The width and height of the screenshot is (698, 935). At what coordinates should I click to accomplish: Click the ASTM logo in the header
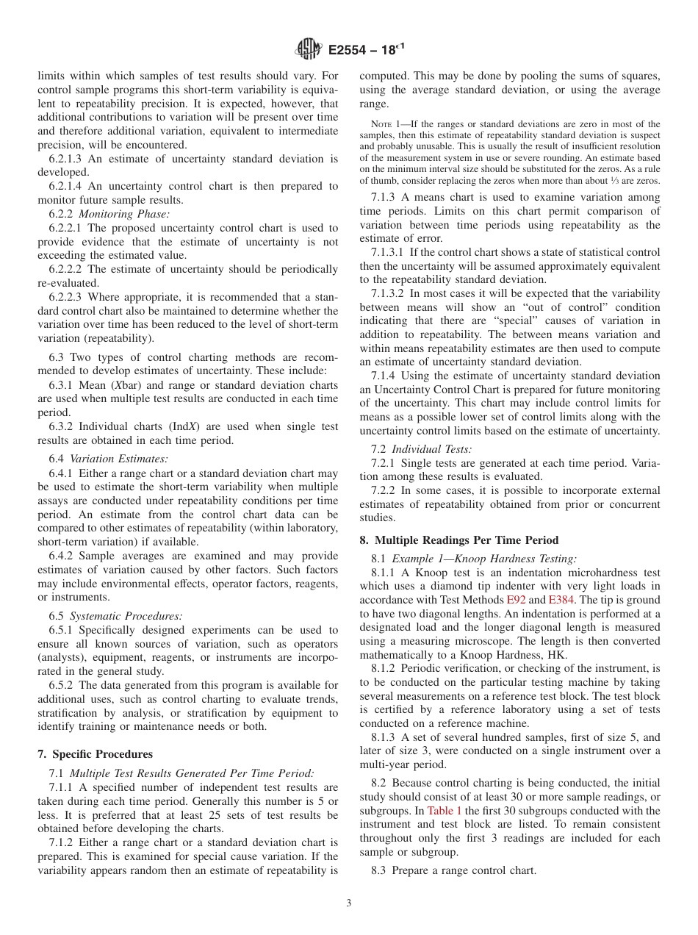[x=308, y=50]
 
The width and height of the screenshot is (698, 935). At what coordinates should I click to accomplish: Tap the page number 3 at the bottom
[x=348, y=903]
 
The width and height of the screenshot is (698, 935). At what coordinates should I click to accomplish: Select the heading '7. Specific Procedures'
[x=95, y=754]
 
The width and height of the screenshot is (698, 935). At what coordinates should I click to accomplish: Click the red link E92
[x=517, y=600]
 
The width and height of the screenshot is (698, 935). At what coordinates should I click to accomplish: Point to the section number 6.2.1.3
[x=68, y=159]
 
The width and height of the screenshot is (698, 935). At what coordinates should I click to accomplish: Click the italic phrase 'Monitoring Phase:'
[x=127, y=214]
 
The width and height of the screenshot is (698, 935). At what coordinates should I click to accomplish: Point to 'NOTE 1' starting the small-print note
[x=385, y=124]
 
